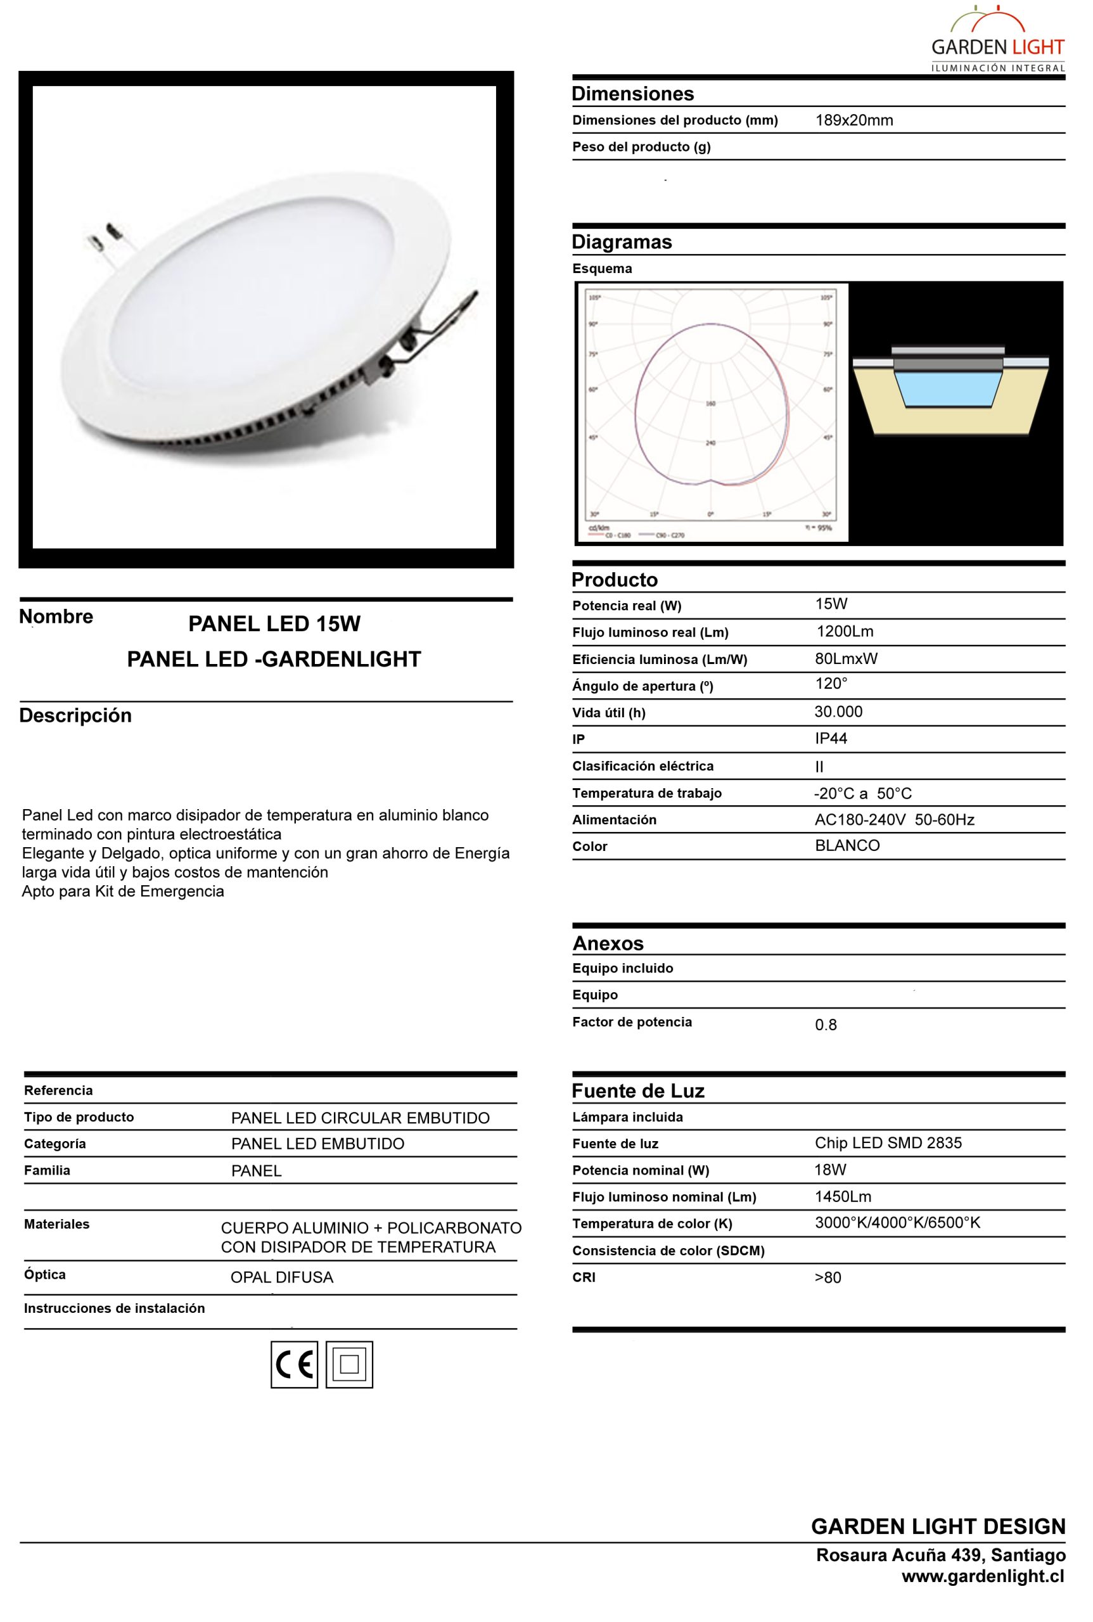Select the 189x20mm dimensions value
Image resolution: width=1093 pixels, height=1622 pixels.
coord(854,120)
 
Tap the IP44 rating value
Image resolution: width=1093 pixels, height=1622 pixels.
coord(831,738)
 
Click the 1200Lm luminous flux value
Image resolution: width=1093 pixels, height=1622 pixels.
coord(845,632)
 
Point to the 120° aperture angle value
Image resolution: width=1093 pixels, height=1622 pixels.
coord(831,684)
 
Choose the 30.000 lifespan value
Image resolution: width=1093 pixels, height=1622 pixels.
coord(838,712)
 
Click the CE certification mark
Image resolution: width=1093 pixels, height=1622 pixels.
coord(294,1363)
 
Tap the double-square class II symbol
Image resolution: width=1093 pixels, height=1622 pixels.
coord(349,1363)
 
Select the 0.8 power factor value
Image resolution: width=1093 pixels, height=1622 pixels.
coord(826,1025)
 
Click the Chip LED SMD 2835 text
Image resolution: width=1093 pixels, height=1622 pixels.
coord(888,1142)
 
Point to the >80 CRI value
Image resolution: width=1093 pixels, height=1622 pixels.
coord(828,1278)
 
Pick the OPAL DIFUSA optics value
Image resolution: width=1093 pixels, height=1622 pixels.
coord(281,1278)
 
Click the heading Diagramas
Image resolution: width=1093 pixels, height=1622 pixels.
coord(622,242)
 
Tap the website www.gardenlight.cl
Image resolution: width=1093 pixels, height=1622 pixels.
coord(983,1576)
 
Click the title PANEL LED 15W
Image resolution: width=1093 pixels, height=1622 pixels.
coord(274,624)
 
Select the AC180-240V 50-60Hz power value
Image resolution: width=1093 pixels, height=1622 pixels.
coord(894,820)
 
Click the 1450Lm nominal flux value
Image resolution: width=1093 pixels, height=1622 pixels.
coord(843,1197)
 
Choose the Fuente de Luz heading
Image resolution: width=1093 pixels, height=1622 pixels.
coord(638,1091)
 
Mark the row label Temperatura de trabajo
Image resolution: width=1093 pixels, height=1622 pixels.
coord(647,793)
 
